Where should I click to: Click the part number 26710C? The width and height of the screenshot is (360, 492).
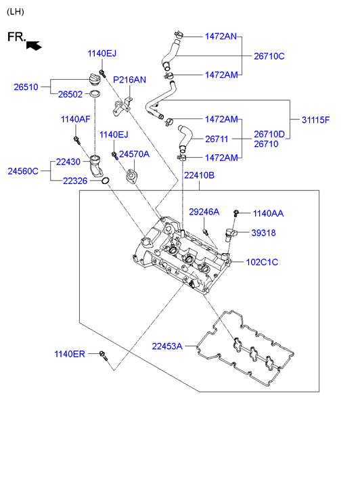[269, 56]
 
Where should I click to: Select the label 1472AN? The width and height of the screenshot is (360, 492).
[221, 37]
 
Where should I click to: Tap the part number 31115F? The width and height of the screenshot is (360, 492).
[315, 120]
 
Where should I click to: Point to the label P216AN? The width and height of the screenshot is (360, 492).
[129, 80]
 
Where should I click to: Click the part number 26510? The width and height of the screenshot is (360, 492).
[26, 87]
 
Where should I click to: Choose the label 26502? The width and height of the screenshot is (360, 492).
[70, 94]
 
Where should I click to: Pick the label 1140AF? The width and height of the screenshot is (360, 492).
[75, 119]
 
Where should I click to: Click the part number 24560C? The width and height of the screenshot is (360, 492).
[23, 171]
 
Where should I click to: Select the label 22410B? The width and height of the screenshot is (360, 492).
[199, 175]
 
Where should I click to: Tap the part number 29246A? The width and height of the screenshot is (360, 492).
[204, 212]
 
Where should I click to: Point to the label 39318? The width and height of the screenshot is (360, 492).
[263, 233]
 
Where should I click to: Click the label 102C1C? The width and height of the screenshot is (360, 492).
[262, 262]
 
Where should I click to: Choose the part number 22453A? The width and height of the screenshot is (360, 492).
[167, 346]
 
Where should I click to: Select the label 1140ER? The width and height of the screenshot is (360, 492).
[70, 354]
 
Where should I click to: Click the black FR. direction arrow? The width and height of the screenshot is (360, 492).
[34, 45]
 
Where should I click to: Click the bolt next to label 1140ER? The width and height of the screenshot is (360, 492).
[104, 356]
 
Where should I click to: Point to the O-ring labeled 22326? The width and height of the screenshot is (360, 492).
[106, 181]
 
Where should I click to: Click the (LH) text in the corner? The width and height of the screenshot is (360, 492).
[16, 12]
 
